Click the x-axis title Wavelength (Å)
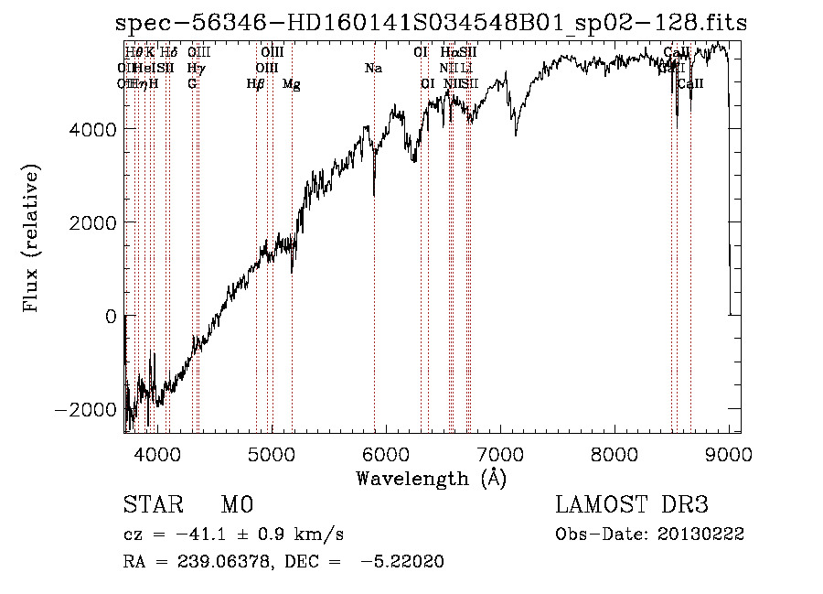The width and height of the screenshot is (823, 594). pos(432,478)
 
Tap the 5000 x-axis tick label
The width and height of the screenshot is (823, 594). pos(271,453)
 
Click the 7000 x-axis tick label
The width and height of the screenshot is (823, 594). pos(500,453)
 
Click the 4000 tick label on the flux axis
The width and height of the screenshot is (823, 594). pos(94,130)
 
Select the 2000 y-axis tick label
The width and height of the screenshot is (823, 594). pos(94,223)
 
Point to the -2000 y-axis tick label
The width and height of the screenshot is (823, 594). pos(88,409)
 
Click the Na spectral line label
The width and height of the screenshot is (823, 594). pos(373,68)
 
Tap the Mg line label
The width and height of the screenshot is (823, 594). pos(292,84)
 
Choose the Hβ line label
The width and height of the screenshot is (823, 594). pos(256,84)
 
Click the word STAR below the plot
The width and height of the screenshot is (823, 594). pos(150,505)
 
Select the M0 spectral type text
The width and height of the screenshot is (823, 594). pos(235,505)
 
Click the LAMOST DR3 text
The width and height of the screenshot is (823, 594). pos(632,505)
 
